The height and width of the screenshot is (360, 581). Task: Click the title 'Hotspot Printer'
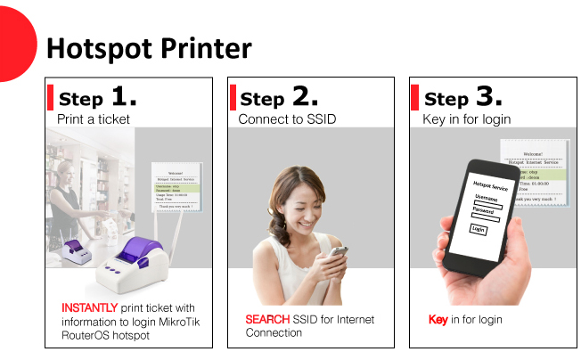149,47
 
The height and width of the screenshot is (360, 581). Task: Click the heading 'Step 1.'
98,97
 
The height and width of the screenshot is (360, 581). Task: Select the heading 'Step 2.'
279,97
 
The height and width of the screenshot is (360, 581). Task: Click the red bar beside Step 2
233,97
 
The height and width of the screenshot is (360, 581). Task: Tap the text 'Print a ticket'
94,119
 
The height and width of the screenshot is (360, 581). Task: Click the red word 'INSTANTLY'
89,307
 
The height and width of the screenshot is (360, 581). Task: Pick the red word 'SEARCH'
267,319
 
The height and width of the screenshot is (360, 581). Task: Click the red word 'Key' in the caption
438,319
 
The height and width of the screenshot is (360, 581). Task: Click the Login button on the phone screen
479,229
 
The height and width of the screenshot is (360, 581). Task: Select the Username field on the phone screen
488,204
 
